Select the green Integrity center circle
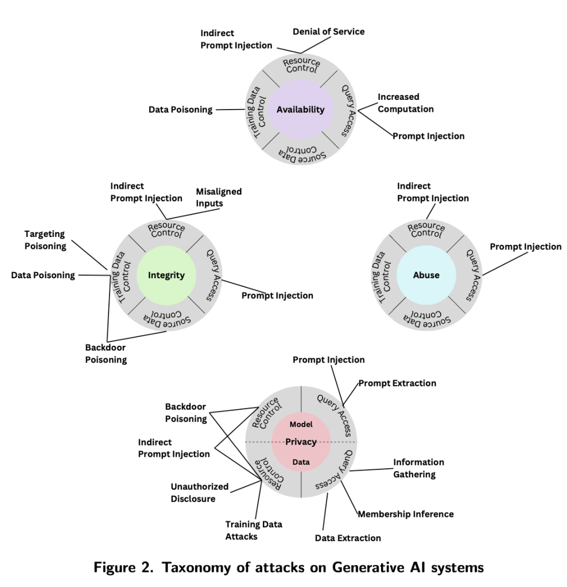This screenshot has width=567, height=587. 166,275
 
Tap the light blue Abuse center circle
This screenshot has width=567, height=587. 426,275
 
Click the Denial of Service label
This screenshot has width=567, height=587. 328,31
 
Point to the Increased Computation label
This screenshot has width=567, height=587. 405,103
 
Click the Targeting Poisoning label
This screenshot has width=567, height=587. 45,240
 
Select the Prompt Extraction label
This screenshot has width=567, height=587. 397,383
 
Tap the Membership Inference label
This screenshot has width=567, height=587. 406,514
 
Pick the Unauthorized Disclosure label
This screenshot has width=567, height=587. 199,492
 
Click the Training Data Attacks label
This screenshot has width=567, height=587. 253,530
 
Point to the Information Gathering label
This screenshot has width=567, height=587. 418,468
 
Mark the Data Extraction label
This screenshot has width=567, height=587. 348,538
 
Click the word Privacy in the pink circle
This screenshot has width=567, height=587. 301,442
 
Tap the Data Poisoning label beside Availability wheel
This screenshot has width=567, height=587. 180,110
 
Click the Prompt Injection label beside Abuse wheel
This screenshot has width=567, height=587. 525,247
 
